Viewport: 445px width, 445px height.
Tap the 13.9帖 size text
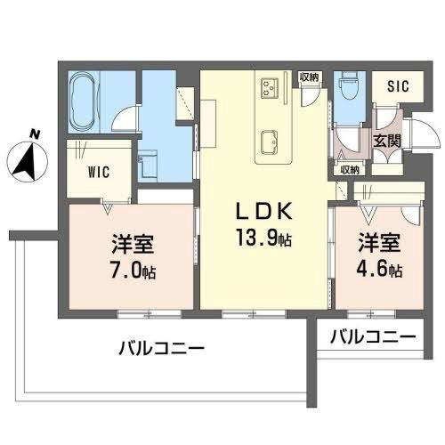point(264,238)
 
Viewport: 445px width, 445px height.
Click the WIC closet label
point(98,172)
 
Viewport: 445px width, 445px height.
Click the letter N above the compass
point(34,133)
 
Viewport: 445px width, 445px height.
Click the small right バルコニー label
point(372,338)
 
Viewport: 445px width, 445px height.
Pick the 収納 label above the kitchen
point(309,77)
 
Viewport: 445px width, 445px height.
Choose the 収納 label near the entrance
point(349,169)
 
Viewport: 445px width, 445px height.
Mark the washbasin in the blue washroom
point(148,162)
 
